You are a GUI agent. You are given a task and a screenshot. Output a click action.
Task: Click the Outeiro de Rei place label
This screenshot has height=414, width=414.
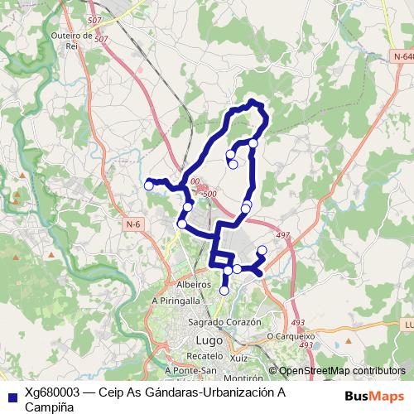point(71,41)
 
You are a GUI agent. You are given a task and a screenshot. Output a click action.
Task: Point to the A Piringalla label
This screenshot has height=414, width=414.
point(176,301)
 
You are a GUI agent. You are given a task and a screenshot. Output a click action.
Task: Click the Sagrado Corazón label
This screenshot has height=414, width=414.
point(224,321)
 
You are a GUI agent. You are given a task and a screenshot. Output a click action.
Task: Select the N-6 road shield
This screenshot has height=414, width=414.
point(133,224)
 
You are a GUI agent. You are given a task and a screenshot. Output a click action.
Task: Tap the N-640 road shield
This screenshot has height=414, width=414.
point(403,55)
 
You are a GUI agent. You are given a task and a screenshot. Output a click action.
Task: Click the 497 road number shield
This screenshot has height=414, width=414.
point(283,236)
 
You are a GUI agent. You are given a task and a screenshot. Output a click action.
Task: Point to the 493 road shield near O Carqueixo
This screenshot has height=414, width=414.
point(298,322)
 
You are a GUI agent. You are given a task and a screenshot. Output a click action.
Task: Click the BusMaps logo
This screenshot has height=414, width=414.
point(373,395)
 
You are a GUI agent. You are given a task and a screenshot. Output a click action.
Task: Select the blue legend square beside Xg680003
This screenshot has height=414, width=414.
point(12,394)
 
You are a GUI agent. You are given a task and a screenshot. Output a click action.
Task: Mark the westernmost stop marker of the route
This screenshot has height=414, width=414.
point(149,185)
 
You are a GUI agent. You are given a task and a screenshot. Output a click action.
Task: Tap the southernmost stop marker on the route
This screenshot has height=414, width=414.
point(224,290)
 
